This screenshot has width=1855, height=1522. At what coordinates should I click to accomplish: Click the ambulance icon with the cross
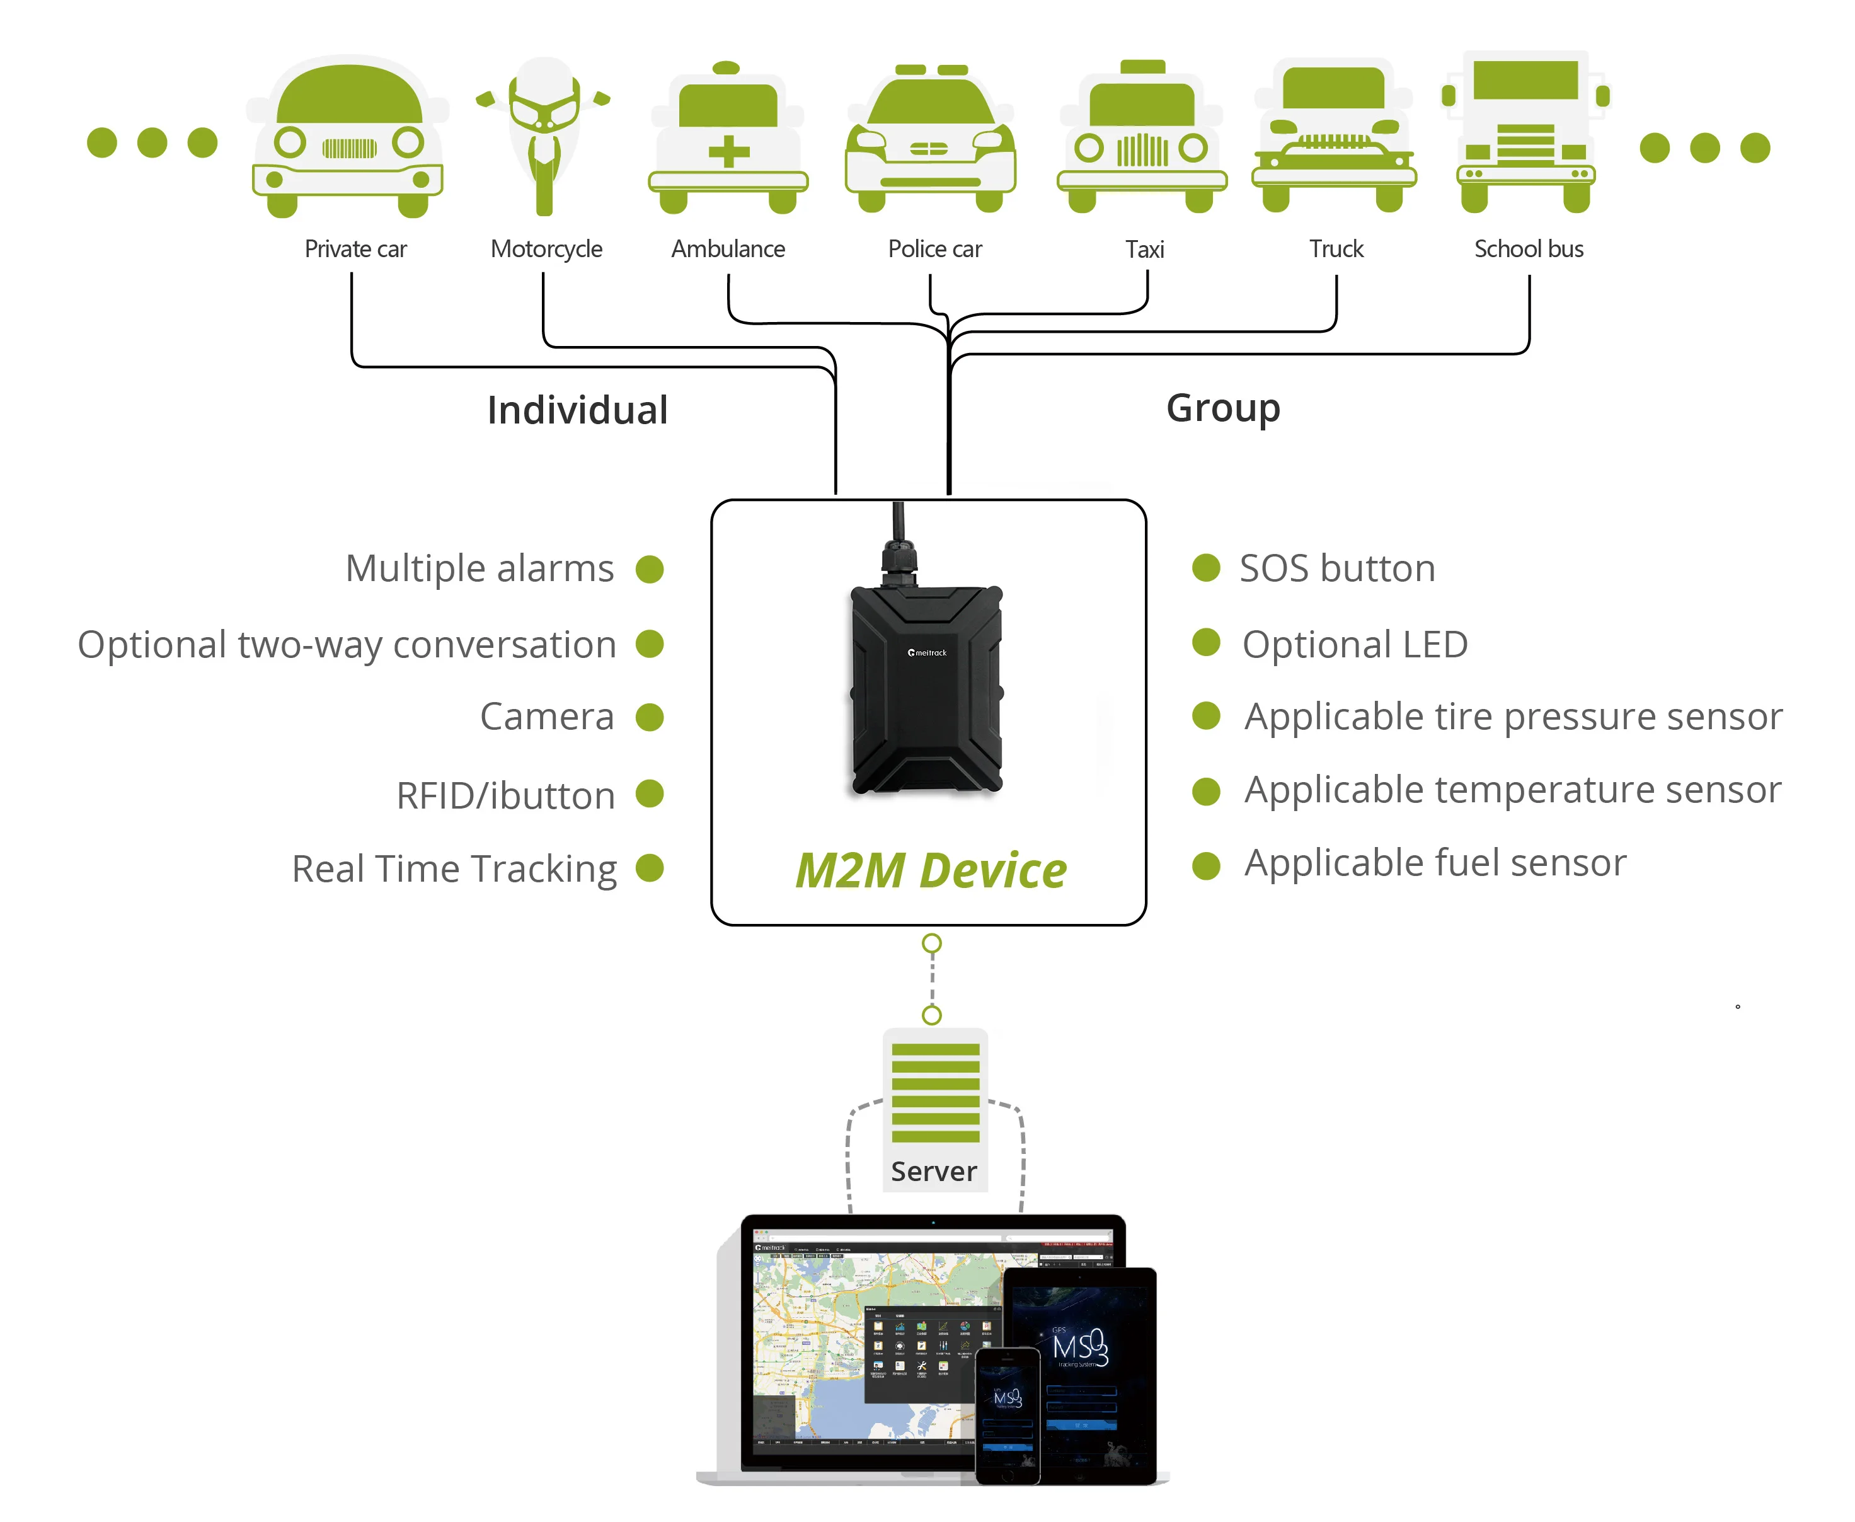(728, 141)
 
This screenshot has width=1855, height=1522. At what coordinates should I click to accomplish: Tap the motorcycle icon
(544, 136)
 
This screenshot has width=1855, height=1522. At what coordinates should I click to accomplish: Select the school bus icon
(1525, 132)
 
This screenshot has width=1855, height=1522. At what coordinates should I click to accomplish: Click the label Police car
(934, 249)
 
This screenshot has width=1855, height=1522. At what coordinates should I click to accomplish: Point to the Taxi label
(1144, 249)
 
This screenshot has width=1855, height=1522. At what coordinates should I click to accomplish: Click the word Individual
(577, 410)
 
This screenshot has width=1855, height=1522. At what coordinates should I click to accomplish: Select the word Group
(1223, 408)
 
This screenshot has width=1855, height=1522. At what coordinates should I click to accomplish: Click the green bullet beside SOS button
(1206, 567)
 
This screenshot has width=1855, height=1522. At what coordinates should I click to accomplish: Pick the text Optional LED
(1355, 644)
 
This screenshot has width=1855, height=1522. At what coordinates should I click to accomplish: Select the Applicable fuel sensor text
(1435, 863)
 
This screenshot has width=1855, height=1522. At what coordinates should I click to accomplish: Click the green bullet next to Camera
(650, 717)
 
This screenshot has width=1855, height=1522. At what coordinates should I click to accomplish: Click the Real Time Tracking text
(454, 869)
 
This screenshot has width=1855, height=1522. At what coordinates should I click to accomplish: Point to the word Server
(934, 1172)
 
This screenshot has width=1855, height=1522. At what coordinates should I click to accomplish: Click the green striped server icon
(936, 1092)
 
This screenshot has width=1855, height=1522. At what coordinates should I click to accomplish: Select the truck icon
(1333, 136)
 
